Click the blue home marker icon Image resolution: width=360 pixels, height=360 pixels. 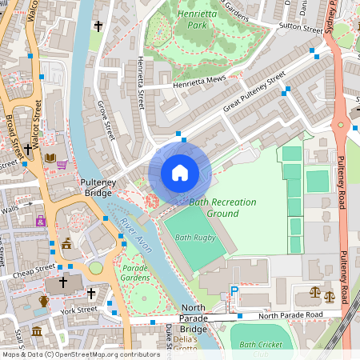pos(180,173)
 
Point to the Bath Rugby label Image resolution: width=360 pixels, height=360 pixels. pos(194,238)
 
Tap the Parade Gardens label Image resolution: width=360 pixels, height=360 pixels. pos(136,273)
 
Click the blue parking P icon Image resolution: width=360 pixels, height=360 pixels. pos(234,293)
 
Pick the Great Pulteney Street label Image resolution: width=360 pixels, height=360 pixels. pos(254,92)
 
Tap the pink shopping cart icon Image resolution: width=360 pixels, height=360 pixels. pos(62,165)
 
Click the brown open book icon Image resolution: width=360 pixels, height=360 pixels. pos(50,158)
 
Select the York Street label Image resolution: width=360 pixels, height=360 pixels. pos(78,309)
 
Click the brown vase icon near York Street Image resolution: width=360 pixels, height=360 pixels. pos(44,301)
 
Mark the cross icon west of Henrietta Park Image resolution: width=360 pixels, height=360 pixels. pos(98,26)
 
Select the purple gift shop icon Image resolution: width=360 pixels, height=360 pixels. pos(41,221)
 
